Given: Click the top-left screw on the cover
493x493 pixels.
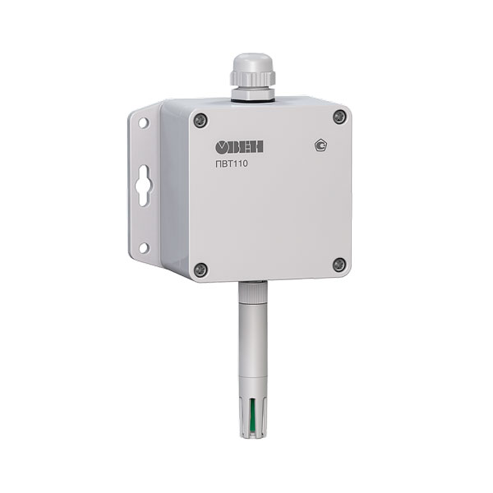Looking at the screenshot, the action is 200,120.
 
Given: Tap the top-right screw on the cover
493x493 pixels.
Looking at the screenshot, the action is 339,117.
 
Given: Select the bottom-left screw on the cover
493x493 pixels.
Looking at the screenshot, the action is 200,270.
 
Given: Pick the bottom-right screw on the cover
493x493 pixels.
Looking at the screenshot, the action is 339,265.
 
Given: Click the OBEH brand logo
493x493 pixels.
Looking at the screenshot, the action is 239,147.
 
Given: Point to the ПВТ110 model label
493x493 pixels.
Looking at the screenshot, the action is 232,164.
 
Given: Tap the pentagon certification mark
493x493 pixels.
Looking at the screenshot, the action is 320,145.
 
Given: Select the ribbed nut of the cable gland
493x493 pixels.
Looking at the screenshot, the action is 252,79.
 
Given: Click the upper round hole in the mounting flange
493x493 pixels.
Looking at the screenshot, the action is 143,122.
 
